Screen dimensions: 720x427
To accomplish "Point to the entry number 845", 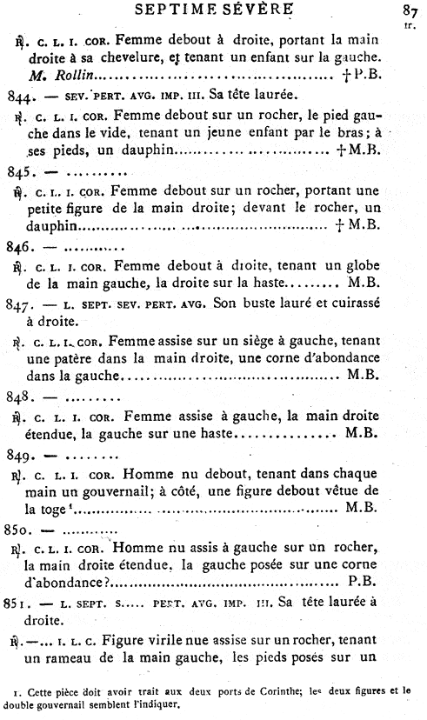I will (20, 171).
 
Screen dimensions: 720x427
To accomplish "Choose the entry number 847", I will (20, 304).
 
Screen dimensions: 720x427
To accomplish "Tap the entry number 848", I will (20, 397).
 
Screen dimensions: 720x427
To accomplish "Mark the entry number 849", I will (20, 455).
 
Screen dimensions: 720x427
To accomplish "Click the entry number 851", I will (20, 603).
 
